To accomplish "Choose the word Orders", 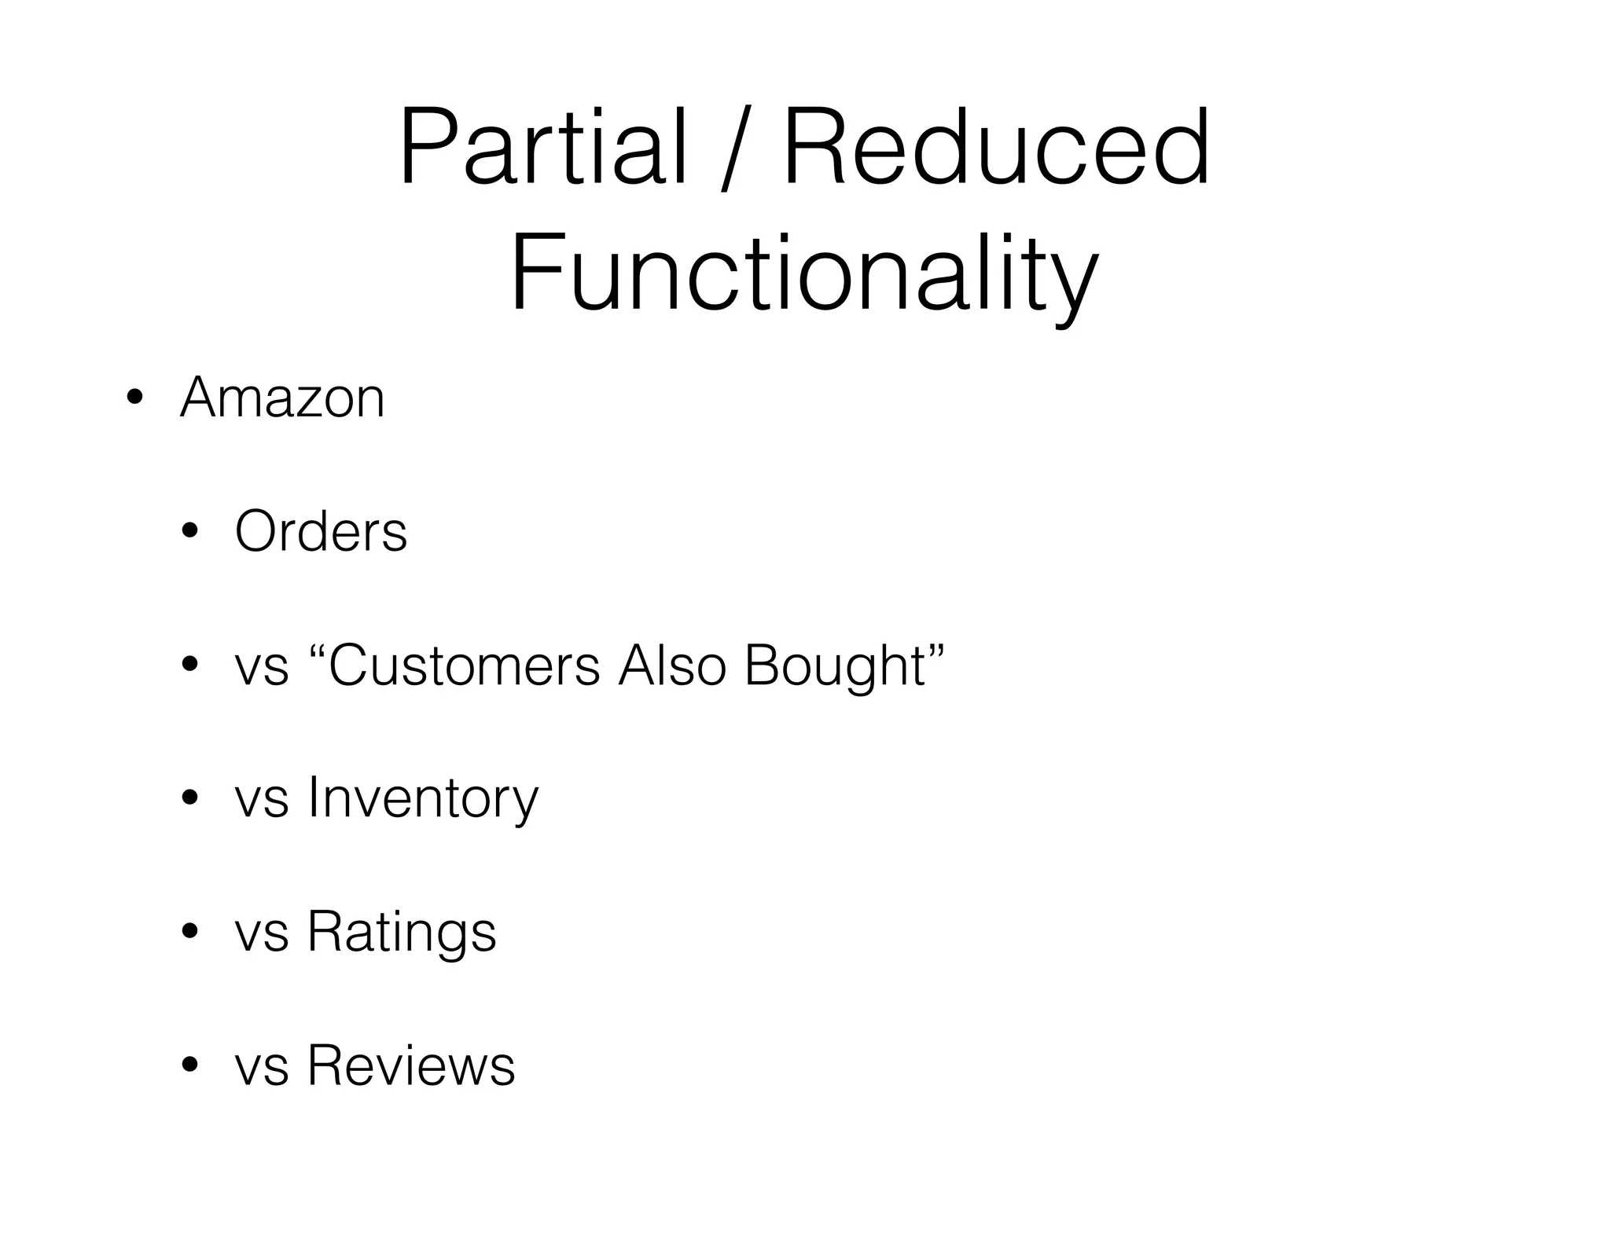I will (x=321, y=532).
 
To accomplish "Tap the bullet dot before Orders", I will (x=189, y=532).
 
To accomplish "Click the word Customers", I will (x=464, y=665).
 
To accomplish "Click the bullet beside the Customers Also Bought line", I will (x=189, y=665).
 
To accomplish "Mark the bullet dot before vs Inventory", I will (x=189, y=799).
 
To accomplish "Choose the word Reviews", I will (x=410, y=1066).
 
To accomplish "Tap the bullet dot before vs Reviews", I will (x=189, y=1066).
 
